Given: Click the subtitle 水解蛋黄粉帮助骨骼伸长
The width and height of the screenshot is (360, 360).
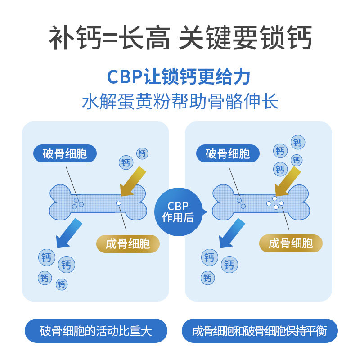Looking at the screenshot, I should click(180, 102).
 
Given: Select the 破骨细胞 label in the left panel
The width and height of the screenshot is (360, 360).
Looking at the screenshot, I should click(65, 154).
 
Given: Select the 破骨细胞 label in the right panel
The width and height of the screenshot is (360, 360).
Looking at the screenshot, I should click(228, 154).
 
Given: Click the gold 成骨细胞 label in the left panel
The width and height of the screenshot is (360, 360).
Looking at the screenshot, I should click(128, 244).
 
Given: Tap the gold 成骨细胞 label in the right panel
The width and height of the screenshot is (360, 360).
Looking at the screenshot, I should click(291, 244).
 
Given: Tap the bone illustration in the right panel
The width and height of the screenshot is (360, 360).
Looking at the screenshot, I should click(261, 202).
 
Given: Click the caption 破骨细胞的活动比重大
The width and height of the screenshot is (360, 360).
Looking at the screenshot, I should click(96, 332).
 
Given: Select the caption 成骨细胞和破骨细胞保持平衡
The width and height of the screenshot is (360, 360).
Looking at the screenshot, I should click(259, 332).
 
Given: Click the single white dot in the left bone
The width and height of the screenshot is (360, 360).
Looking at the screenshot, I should click(118, 203).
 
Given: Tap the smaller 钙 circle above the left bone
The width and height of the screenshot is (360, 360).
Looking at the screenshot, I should click(142, 153).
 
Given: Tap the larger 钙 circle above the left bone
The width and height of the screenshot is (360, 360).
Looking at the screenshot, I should click(126, 162).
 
